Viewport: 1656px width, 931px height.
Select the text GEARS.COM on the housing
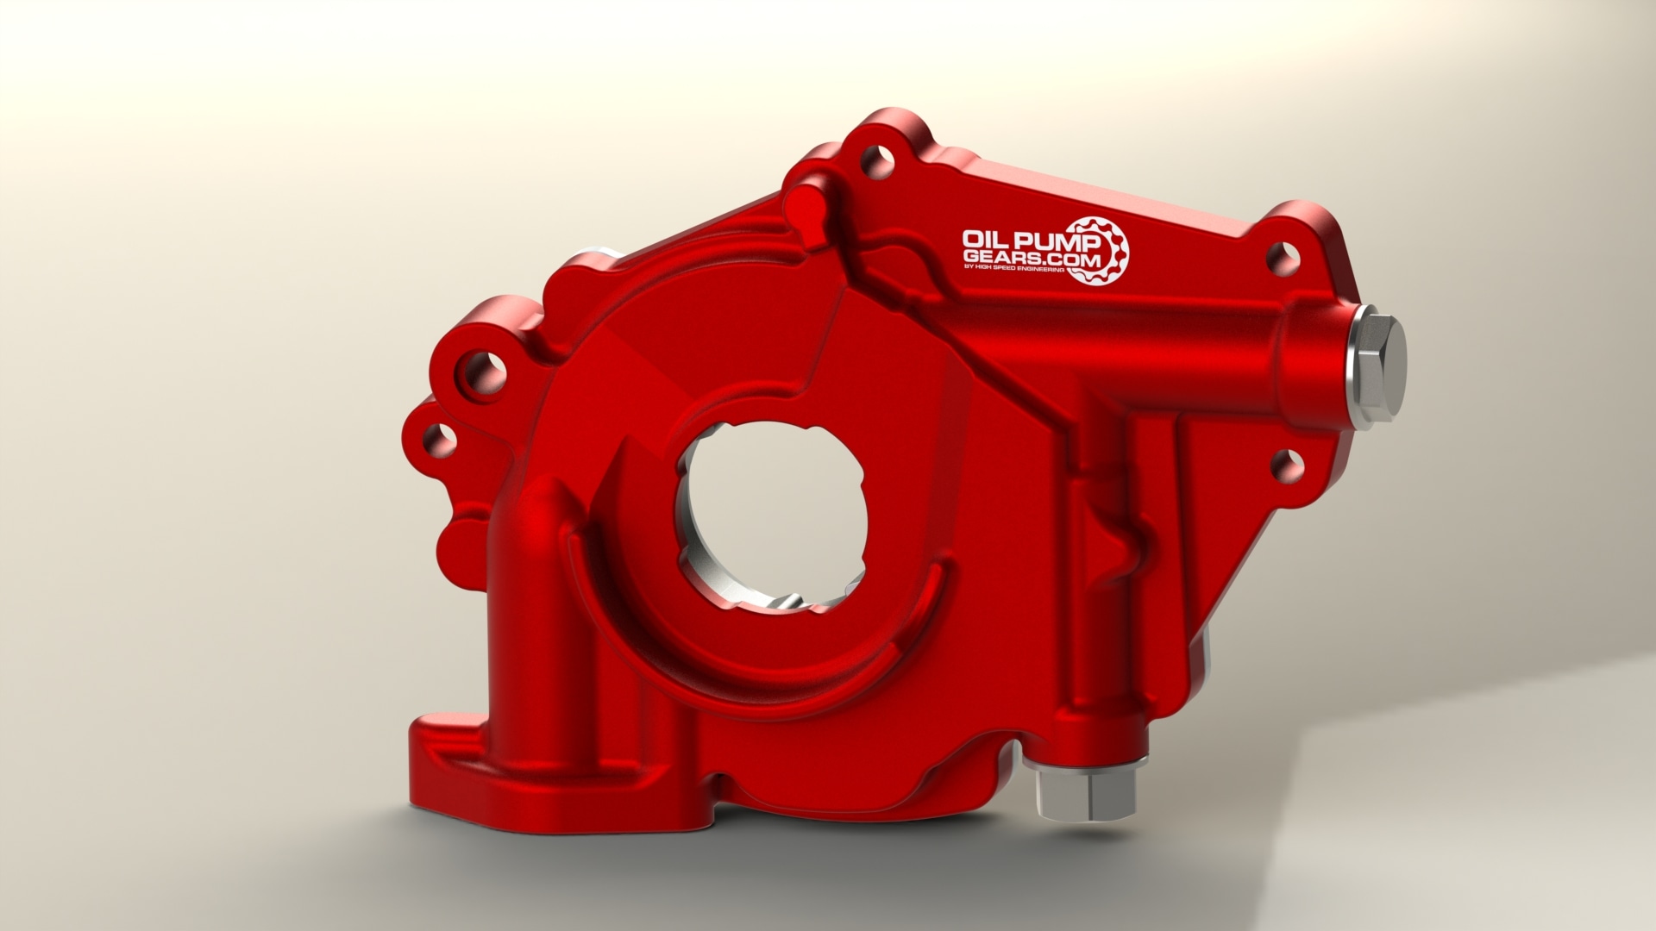[1010, 257]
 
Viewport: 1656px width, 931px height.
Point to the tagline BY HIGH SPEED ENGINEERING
[1014, 271]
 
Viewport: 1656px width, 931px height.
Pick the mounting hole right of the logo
[1279, 255]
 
